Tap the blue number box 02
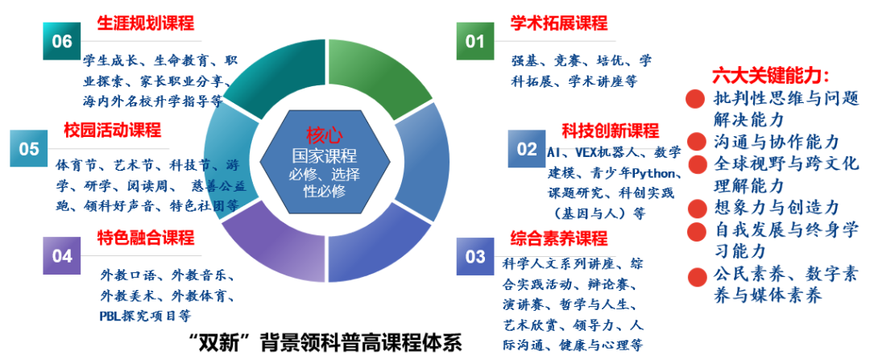point(526,149)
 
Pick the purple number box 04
point(62,256)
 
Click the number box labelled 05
point(29,149)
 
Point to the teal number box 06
point(62,41)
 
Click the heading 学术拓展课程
point(559,23)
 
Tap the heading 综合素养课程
point(558,238)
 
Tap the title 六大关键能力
point(770,76)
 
